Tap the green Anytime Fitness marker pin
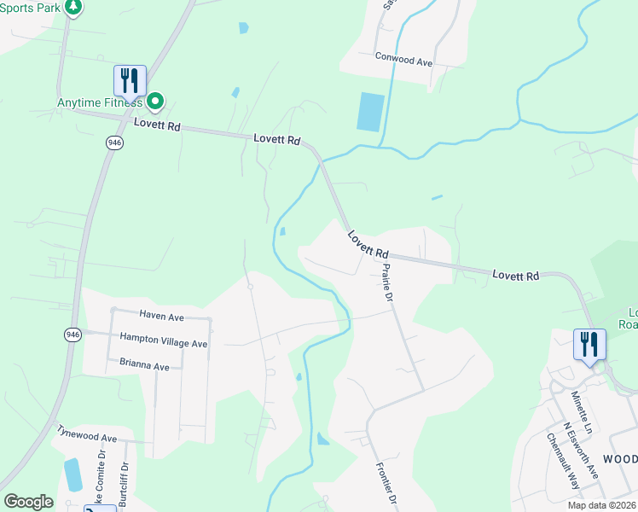(x=155, y=102)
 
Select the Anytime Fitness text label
(x=99, y=102)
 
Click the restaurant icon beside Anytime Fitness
(x=130, y=81)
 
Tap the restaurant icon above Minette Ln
(x=589, y=344)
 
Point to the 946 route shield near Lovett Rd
(x=114, y=143)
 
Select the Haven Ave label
(x=162, y=317)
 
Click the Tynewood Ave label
(x=86, y=438)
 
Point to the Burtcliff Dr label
(x=124, y=485)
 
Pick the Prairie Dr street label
(x=386, y=282)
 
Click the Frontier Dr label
(x=386, y=486)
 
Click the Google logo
(x=28, y=501)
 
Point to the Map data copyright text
(x=601, y=505)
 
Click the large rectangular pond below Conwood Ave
(x=370, y=112)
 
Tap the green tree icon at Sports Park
(x=73, y=7)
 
